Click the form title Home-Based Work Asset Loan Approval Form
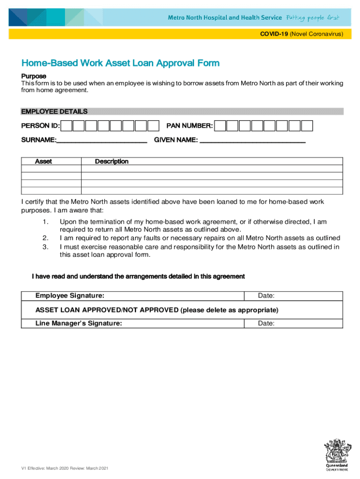point(120,63)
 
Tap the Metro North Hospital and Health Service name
point(225,17)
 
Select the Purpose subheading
point(34,76)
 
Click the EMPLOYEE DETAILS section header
point(54,111)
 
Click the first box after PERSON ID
point(67,126)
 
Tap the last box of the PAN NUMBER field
point(307,126)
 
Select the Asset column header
point(44,161)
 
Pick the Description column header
point(112,161)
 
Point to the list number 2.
point(45,238)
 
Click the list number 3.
point(45,247)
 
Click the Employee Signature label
point(70,296)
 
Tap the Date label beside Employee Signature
point(266,296)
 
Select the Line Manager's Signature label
point(79,323)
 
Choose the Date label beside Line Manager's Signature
point(266,323)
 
